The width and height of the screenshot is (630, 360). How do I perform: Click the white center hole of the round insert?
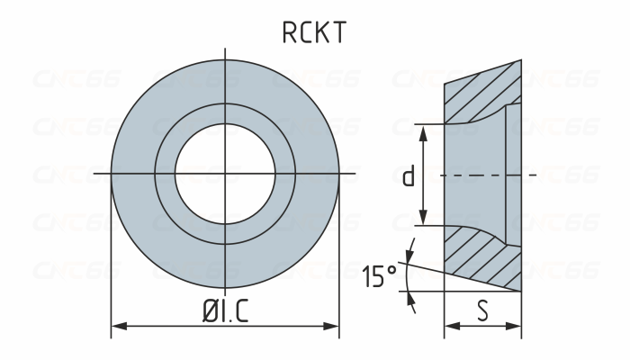pos(224,172)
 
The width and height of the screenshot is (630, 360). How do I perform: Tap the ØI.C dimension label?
pos(225,312)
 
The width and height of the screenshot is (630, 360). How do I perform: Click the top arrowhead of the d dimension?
pos(422,128)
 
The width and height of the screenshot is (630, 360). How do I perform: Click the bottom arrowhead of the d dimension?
pos(422,221)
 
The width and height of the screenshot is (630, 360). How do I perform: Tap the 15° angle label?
pos(380,276)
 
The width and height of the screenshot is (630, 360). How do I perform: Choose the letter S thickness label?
pos(483,311)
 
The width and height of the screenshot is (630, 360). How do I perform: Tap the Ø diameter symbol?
pos(208,312)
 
